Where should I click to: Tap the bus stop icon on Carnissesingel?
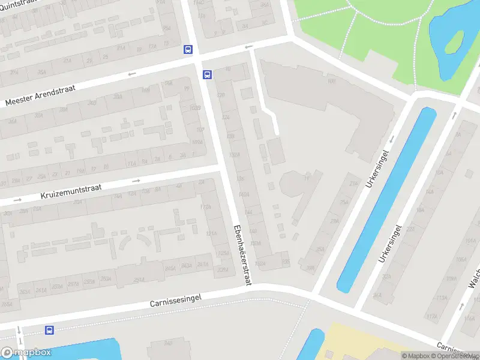49,330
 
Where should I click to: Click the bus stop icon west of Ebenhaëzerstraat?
188,50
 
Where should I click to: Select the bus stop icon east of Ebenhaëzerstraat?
207,75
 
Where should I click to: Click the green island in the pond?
454,41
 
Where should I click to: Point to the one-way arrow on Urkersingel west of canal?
391,139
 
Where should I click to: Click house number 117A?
206,207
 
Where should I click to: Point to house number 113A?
442,298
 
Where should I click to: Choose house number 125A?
223,253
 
